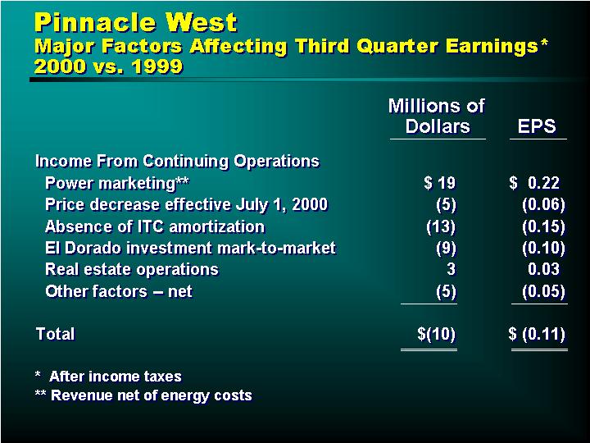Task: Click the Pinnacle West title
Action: [136, 22]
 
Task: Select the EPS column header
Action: [537, 126]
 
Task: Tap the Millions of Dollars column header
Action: [437, 116]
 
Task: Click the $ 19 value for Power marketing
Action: [439, 183]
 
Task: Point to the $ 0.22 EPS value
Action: [534, 183]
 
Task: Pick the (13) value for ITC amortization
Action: [441, 226]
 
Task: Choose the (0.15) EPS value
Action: [544, 226]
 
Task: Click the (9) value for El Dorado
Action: [446, 248]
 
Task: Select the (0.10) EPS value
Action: [544, 248]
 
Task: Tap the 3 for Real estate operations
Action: [451, 269]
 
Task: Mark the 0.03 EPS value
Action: [544, 269]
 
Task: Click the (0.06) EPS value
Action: [544, 204]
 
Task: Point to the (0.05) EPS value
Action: [544, 291]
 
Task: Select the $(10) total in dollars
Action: [437, 334]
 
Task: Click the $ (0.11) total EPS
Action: [537, 334]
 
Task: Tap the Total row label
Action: [56, 334]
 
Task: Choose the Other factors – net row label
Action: [119, 291]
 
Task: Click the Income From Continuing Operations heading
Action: [177, 162]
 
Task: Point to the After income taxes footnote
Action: [108, 377]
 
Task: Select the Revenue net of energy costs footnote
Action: [143, 395]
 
